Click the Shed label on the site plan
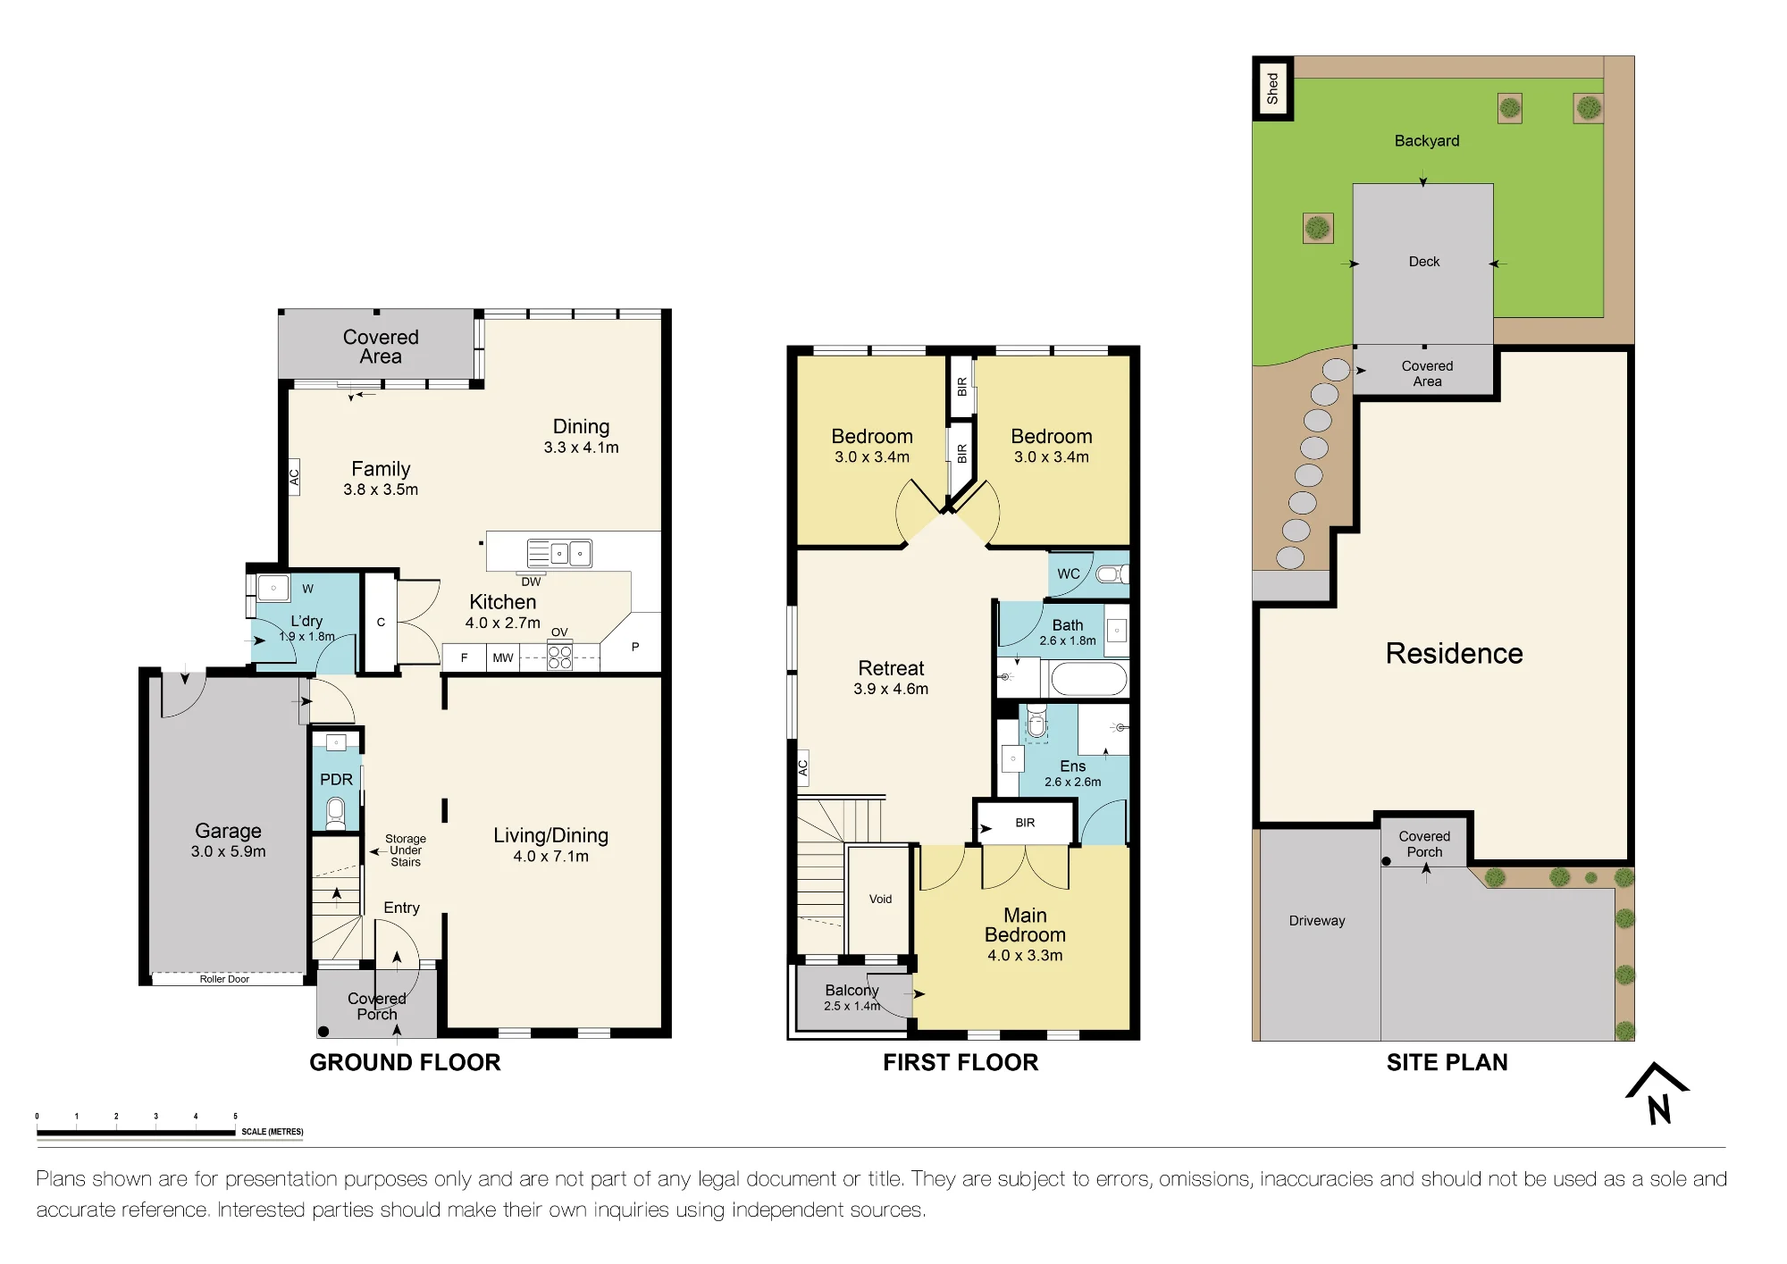pyautogui.click(x=1272, y=88)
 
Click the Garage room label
pyautogui.click(x=228, y=831)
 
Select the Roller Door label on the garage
pyautogui.click(x=224, y=979)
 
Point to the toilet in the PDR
pyautogui.click(x=336, y=812)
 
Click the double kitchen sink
pyautogui.click(x=559, y=554)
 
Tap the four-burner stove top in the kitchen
pyautogui.click(x=560, y=657)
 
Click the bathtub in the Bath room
pyautogui.click(x=1089, y=679)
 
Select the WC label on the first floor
pyautogui.click(x=1069, y=573)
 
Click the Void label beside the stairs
pyautogui.click(x=880, y=899)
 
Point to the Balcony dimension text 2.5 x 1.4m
pyautogui.click(x=852, y=1006)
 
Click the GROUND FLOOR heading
pyautogui.click(x=405, y=1062)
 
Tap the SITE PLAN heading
pyautogui.click(x=1447, y=1062)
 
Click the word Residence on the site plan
pyautogui.click(x=1454, y=653)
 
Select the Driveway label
pyautogui.click(x=1317, y=921)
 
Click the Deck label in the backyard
pyautogui.click(x=1424, y=262)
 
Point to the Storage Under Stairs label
pyautogui.click(x=406, y=850)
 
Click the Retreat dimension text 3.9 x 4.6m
pyautogui.click(x=891, y=689)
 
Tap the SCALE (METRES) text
pyautogui.click(x=273, y=1132)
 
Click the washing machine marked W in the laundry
pyautogui.click(x=273, y=588)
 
